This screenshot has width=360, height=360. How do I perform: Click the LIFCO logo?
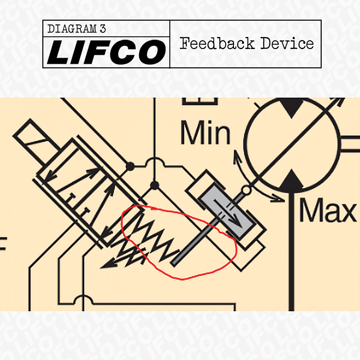[x=106, y=52]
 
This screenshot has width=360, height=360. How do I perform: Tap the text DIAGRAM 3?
[x=77, y=29]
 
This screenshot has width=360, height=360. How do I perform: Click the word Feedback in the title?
[x=217, y=44]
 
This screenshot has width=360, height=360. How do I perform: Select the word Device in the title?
[x=287, y=44]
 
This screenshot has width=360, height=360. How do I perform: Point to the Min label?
[x=205, y=133]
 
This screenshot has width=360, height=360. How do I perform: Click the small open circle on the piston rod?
[x=246, y=190]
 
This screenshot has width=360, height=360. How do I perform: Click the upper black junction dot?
[x=130, y=166]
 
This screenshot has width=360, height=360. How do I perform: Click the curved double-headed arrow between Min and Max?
[x=253, y=180]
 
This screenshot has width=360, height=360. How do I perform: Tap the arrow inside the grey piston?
[x=227, y=213]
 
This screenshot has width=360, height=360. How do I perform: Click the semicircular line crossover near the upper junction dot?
[x=154, y=163]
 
